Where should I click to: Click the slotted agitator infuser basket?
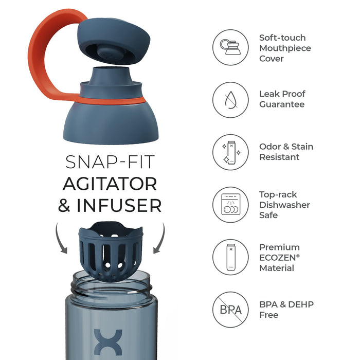(x=111, y=251)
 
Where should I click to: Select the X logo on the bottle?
(x=108, y=342)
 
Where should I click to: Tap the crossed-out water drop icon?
(x=230, y=100)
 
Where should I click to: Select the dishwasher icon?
(x=231, y=204)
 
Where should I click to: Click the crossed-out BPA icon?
(x=230, y=310)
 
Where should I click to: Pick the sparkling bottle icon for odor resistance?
(x=231, y=152)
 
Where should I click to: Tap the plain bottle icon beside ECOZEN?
(x=231, y=257)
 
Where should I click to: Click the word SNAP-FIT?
(x=110, y=162)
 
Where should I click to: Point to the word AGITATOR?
(x=110, y=184)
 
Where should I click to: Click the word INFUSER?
(x=119, y=205)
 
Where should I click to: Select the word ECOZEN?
(x=278, y=258)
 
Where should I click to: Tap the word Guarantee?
(x=282, y=104)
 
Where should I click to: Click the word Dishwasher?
(x=285, y=205)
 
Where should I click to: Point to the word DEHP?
(x=301, y=304)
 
